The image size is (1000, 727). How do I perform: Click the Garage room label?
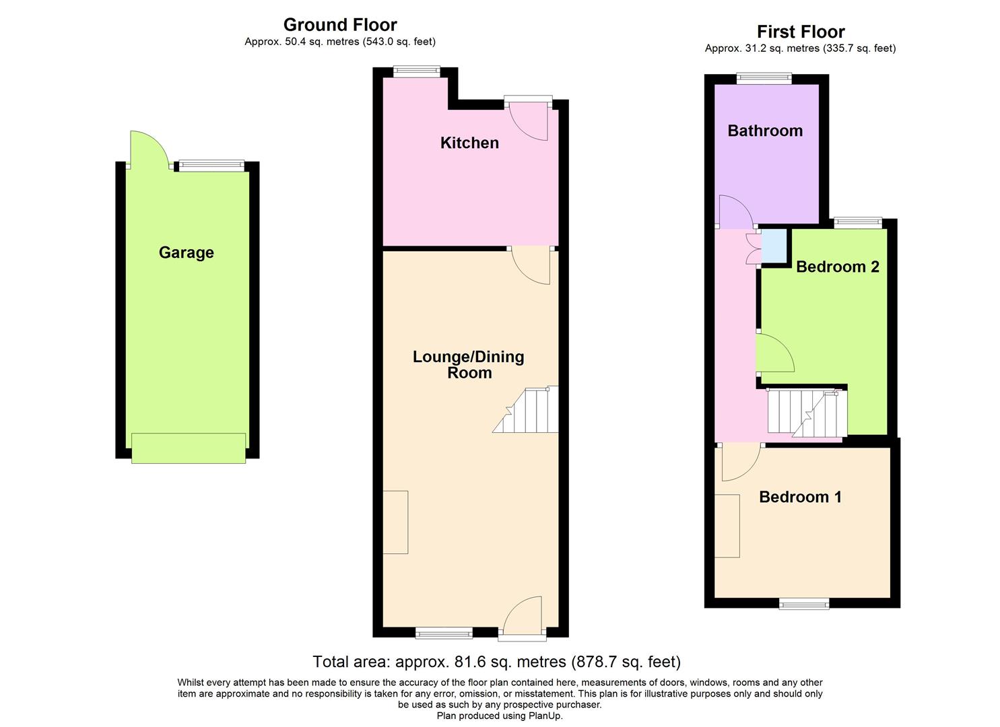[x=186, y=252]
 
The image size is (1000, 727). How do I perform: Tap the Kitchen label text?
[x=469, y=143]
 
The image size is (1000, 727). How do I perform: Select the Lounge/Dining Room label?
[x=469, y=365]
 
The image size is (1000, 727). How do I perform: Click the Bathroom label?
[x=765, y=131]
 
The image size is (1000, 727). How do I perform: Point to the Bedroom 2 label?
[x=837, y=267]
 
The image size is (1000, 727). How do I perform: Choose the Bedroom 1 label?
[x=800, y=497]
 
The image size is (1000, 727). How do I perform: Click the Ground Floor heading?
[x=340, y=25]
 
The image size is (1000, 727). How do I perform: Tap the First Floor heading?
[x=800, y=32]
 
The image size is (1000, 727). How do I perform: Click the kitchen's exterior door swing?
[x=530, y=121]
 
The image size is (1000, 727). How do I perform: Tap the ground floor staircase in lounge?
[x=529, y=411]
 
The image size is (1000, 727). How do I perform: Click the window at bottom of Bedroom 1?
[x=804, y=603]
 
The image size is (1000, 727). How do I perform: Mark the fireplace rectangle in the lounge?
[x=395, y=522]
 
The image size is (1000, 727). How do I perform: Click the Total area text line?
[x=496, y=662]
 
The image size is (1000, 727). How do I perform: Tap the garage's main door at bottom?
[x=189, y=448]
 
